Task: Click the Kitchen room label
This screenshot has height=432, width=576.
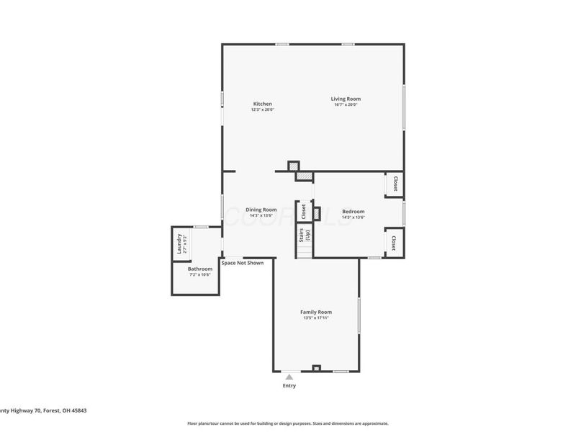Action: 262,104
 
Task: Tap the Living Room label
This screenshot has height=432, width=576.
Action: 346,99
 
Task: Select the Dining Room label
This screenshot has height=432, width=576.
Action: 261,210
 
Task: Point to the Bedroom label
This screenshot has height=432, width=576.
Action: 353,212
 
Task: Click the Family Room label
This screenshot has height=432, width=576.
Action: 316,312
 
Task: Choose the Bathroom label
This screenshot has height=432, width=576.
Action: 200,269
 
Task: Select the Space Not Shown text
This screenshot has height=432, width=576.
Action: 242,263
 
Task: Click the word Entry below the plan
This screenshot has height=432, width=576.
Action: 289,385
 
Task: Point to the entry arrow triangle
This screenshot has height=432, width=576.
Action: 289,376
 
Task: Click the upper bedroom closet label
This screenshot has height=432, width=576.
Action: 395,184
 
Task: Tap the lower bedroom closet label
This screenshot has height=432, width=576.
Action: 395,243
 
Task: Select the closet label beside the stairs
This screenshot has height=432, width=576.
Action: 303,212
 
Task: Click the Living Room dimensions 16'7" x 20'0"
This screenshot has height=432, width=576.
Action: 346,105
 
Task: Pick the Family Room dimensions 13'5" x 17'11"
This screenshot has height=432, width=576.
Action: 316,318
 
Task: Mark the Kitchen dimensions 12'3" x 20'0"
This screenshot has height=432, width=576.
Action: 262,109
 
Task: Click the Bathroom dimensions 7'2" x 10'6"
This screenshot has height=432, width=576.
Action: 200,274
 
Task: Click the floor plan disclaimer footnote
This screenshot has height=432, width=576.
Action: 288,423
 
